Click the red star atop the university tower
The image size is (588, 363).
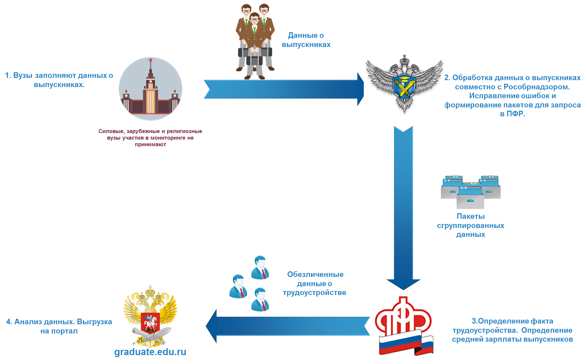pos(151,60)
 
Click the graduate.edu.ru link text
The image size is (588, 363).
pos(150,352)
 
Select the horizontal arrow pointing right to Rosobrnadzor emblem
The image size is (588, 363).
pos(282,89)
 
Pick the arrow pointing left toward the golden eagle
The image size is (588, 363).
pos(289,326)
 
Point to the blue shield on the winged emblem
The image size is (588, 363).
pos(404,86)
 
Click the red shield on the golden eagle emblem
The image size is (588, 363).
pos(150,322)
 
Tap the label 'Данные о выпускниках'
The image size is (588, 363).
pos(306,40)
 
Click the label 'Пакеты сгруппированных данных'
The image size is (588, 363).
pos(470,225)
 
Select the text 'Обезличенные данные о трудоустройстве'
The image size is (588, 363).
pos(315,283)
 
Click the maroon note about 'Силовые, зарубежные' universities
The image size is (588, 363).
pos(150,138)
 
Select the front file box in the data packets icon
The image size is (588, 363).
pos(470,197)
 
